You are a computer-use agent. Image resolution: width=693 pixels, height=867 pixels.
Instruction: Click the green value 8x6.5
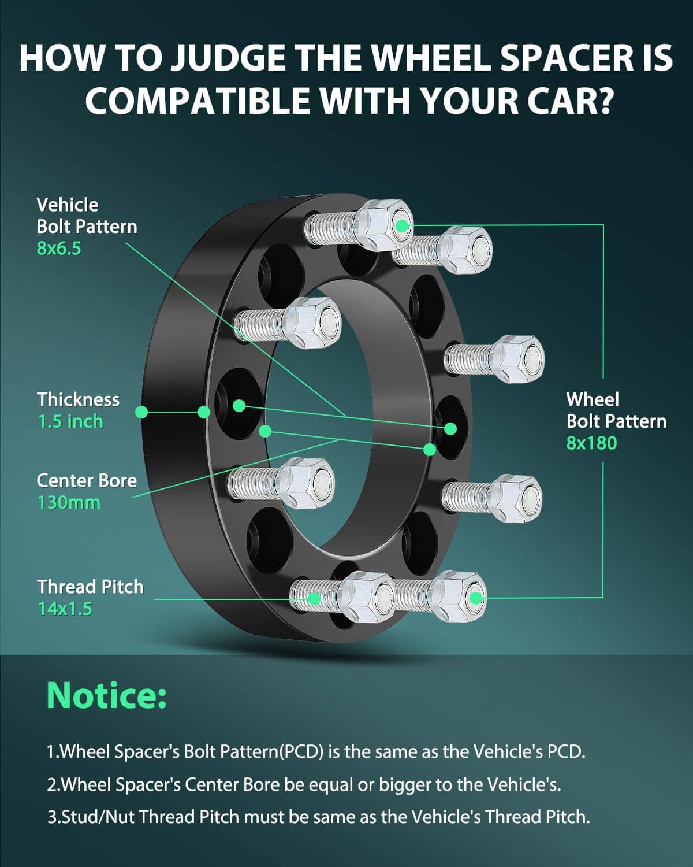click(x=59, y=249)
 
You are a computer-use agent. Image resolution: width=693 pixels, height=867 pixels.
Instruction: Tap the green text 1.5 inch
click(x=70, y=421)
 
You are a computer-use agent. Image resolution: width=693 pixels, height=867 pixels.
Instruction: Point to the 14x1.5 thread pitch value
click(x=65, y=609)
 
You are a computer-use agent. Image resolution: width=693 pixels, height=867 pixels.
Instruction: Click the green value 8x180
click(x=591, y=443)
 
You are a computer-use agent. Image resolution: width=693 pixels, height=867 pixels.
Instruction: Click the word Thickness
click(x=79, y=399)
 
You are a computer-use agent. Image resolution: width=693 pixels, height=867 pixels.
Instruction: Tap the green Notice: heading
click(x=107, y=695)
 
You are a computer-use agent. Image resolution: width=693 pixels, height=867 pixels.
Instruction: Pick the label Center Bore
click(x=87, y=480)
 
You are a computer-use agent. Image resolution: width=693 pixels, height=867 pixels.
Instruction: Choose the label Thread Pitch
click(x=91, y=587)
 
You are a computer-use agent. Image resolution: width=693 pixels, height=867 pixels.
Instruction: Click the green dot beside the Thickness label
click(x=141, y=412)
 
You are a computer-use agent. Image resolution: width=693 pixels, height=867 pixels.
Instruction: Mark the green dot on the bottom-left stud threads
click(x=314, y=598)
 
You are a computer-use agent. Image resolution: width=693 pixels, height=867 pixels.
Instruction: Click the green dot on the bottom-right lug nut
click(x=475, y=597)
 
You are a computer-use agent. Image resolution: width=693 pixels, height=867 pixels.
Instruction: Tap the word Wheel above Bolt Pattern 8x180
click(x=593, y=399)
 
